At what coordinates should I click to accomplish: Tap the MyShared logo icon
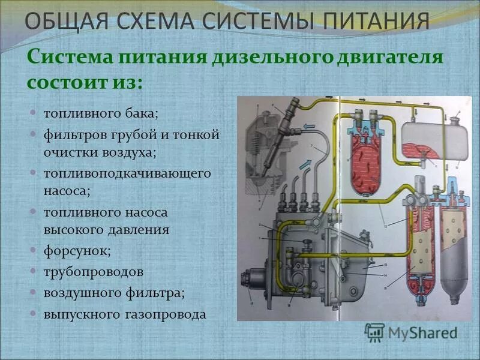pos(374,332)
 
